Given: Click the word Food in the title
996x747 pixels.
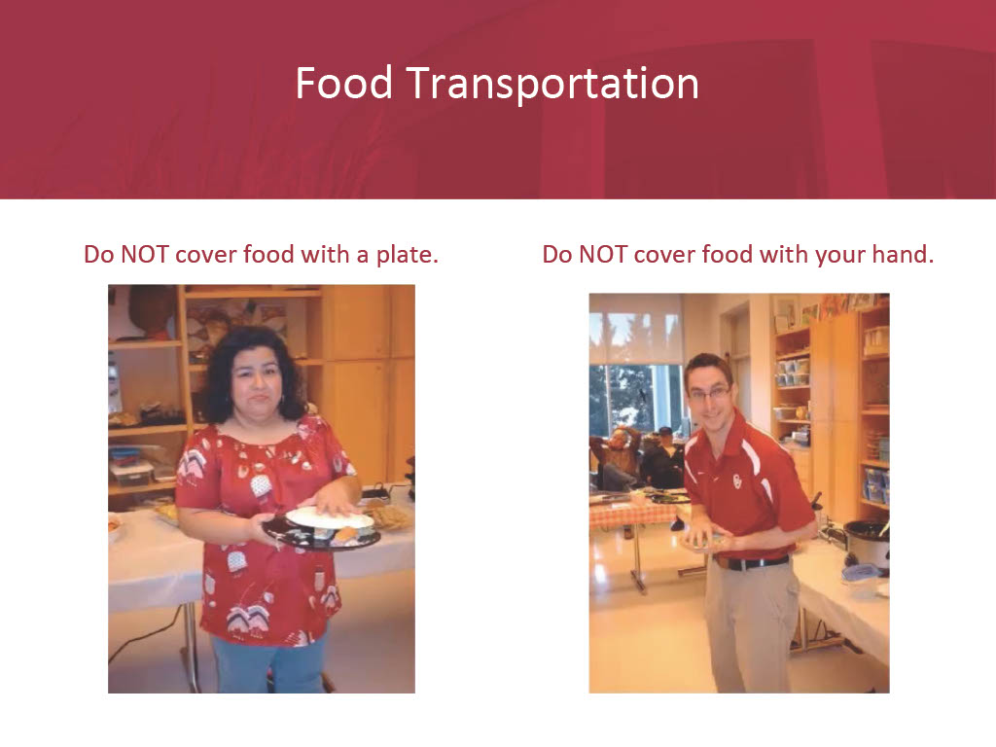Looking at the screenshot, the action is tap(343, 84).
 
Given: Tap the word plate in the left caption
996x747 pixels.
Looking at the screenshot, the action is tap(408, 255).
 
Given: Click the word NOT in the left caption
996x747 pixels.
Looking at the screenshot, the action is tap(145, 254).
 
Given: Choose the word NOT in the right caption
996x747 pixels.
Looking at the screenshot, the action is tap(603, 254).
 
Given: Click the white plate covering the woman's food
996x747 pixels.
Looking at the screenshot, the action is tap(329, 517).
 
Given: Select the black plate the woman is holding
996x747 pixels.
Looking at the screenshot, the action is tap(321, 534).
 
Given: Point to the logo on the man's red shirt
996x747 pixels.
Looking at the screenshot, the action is tap(737, 480).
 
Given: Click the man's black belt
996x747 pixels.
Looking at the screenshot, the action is tap(752, 563).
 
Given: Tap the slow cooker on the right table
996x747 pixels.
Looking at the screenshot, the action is tap(866, 543).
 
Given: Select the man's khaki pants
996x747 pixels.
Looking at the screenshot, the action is tap(752, 625).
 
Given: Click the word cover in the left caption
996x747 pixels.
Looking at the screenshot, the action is tap(206, 255).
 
